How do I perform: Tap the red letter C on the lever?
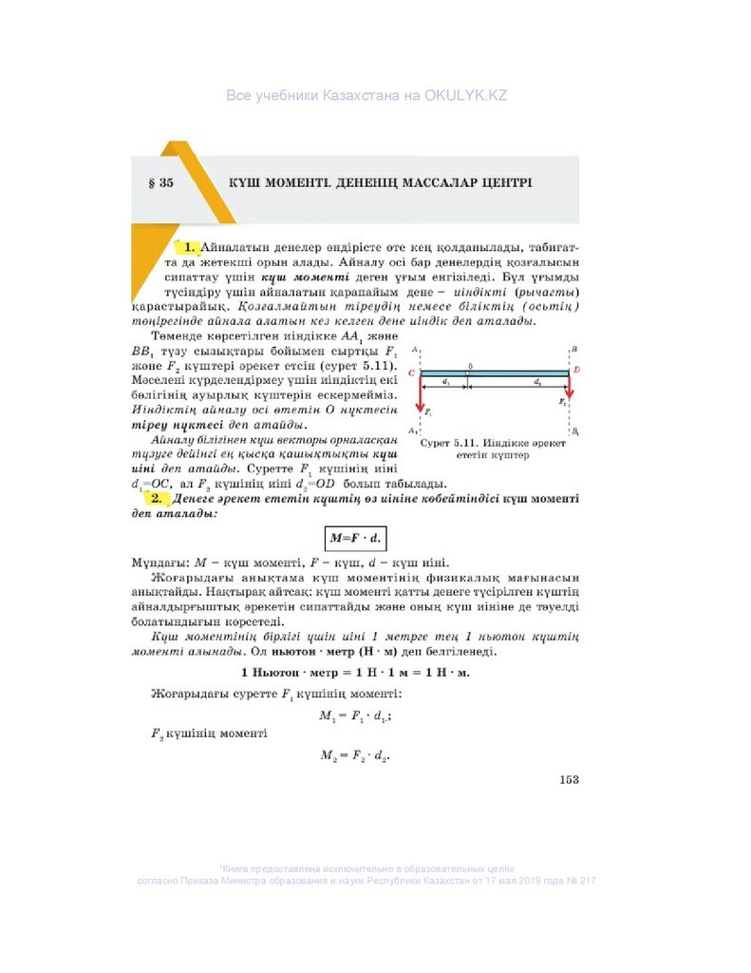point(411,374)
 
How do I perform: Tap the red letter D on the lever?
point(577,369)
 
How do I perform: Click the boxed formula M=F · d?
point(354,538)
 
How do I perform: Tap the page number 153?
point(568,780)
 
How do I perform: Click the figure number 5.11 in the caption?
point(464,443)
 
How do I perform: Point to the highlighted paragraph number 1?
point(189,247)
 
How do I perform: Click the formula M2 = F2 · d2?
point(355,755)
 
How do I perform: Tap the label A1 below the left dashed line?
point(413,431)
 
